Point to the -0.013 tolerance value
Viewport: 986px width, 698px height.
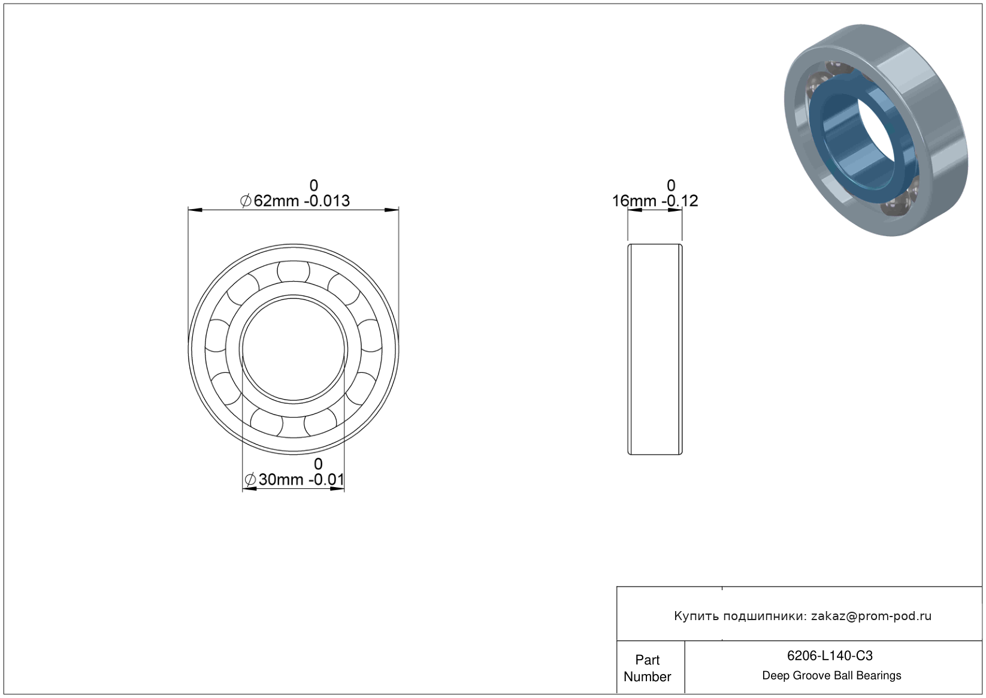pos(327,201)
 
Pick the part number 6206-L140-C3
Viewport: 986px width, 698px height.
pos(830,655)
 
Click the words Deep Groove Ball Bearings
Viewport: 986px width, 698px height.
pos(831,676)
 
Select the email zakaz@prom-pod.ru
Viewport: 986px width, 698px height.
pos(871,616)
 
